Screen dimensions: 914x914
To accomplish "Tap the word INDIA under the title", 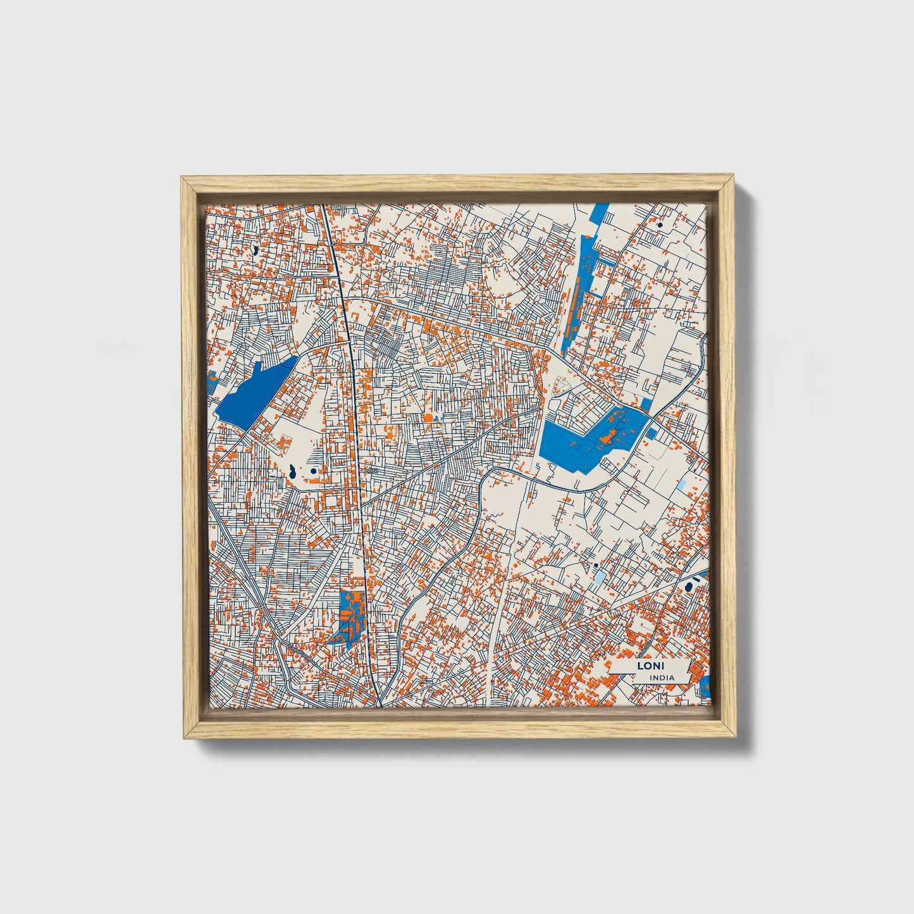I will pos(662,677).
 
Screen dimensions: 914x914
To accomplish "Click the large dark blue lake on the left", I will pos(253,392).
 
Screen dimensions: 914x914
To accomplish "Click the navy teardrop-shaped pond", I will pos(293,471).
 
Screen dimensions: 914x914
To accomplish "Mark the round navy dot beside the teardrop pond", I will pos(314,471).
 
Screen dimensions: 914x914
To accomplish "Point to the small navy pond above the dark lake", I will pos(255,250).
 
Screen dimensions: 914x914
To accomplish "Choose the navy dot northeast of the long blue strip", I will pos(660,225).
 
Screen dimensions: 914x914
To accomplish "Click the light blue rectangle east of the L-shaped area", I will pos(682,485).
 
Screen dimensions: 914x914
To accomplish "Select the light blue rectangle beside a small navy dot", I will pos(598,576).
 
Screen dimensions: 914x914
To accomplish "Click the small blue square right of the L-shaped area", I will pos(651,433).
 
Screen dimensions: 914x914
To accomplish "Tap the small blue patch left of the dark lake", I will pos(212,383).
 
